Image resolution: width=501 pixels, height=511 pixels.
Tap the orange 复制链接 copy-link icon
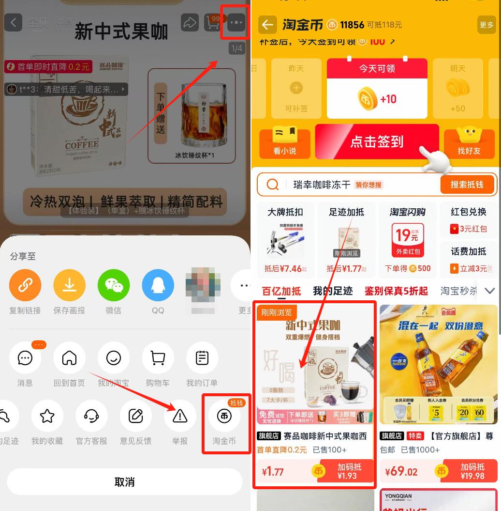(x=25, y=285)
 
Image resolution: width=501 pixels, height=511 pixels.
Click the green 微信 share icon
(x=114, y=285)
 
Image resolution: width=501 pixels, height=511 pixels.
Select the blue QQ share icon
(x=158, y=285)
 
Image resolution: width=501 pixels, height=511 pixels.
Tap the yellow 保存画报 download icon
(x=70, y=285)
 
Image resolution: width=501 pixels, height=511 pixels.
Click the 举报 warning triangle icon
(x=180, y=416)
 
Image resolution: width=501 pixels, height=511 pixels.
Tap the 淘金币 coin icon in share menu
(x=224, y=416)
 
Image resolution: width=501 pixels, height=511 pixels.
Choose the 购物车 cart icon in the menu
(x=158, y=358)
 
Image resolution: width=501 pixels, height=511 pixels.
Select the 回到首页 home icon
(x=69, y=358)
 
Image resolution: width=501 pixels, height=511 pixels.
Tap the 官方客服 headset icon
(x=91, y=416)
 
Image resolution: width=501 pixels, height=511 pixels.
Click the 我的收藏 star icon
(x=47, y=416)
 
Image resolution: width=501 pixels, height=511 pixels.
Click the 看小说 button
(x=285, y=142)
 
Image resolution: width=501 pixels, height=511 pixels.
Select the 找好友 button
(x=469, y=142)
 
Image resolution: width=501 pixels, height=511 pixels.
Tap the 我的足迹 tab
(x=333, y=291)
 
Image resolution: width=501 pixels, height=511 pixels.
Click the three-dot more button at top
(x=236, y=22)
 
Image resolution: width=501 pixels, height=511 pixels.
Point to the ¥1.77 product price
(x=273, y=472)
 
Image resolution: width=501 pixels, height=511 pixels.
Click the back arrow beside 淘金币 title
(x=267, y=25)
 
